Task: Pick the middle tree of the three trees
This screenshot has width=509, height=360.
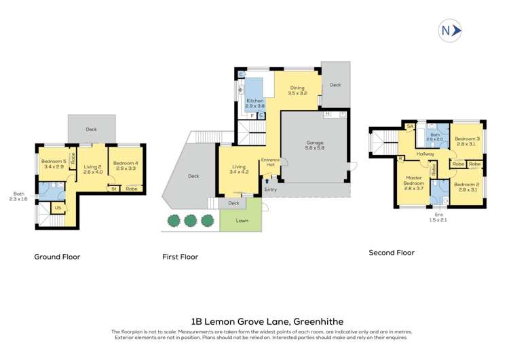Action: point(189,220)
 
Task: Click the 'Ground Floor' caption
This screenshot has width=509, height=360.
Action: point(58,257)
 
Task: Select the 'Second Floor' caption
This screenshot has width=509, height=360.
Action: point(392,252)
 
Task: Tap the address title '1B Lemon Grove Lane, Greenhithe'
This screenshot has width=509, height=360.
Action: point(254,321)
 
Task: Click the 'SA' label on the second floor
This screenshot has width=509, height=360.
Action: point(410,126)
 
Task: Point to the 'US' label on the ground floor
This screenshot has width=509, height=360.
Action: point(58,207)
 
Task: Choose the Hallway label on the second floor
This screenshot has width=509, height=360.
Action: point(426,154)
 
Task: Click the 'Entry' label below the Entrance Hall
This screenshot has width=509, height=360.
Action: point(271,190)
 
